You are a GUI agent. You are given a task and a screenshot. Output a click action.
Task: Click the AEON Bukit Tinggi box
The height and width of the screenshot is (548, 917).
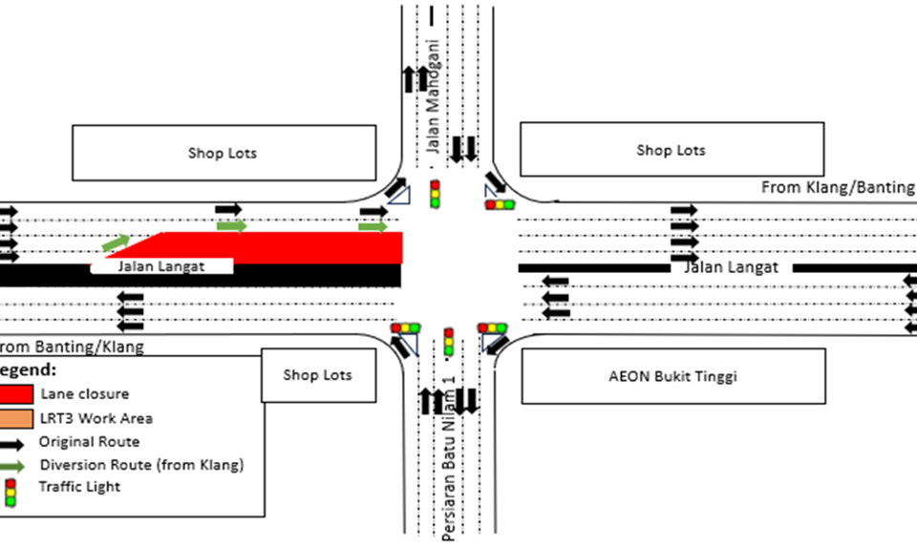point(672,375)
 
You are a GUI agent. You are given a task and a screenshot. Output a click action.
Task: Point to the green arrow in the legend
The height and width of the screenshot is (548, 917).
point(17,466)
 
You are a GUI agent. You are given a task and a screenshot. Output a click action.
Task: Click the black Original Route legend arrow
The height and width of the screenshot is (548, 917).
point(17,442)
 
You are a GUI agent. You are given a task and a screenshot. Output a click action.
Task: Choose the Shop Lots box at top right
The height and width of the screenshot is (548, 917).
point(671,149)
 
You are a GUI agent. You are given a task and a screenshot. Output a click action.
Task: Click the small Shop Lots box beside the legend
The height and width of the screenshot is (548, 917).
point(317,374)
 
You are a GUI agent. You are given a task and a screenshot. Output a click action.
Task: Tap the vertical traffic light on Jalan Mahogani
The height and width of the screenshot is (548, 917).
point(436,194)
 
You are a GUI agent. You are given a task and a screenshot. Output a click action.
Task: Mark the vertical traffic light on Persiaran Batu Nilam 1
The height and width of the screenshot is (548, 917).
point(448,342)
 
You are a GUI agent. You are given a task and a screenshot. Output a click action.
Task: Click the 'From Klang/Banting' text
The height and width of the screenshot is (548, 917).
point(838,187)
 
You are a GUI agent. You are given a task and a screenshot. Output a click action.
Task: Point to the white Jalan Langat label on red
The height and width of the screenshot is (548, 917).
point(161,266)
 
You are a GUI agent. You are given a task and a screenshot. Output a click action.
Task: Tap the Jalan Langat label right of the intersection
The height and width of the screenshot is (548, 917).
point(732,268)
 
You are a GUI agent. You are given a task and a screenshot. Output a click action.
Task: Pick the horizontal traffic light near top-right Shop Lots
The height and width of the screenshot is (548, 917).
point(500,204)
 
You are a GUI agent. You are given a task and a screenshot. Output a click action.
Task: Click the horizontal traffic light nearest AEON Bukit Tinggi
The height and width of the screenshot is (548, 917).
point(492,328)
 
